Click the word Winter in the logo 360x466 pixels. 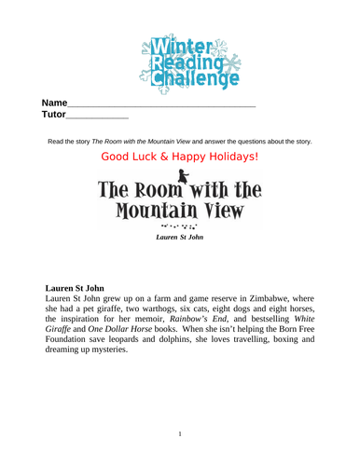[174, 44]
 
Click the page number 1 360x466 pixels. [180, 433]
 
